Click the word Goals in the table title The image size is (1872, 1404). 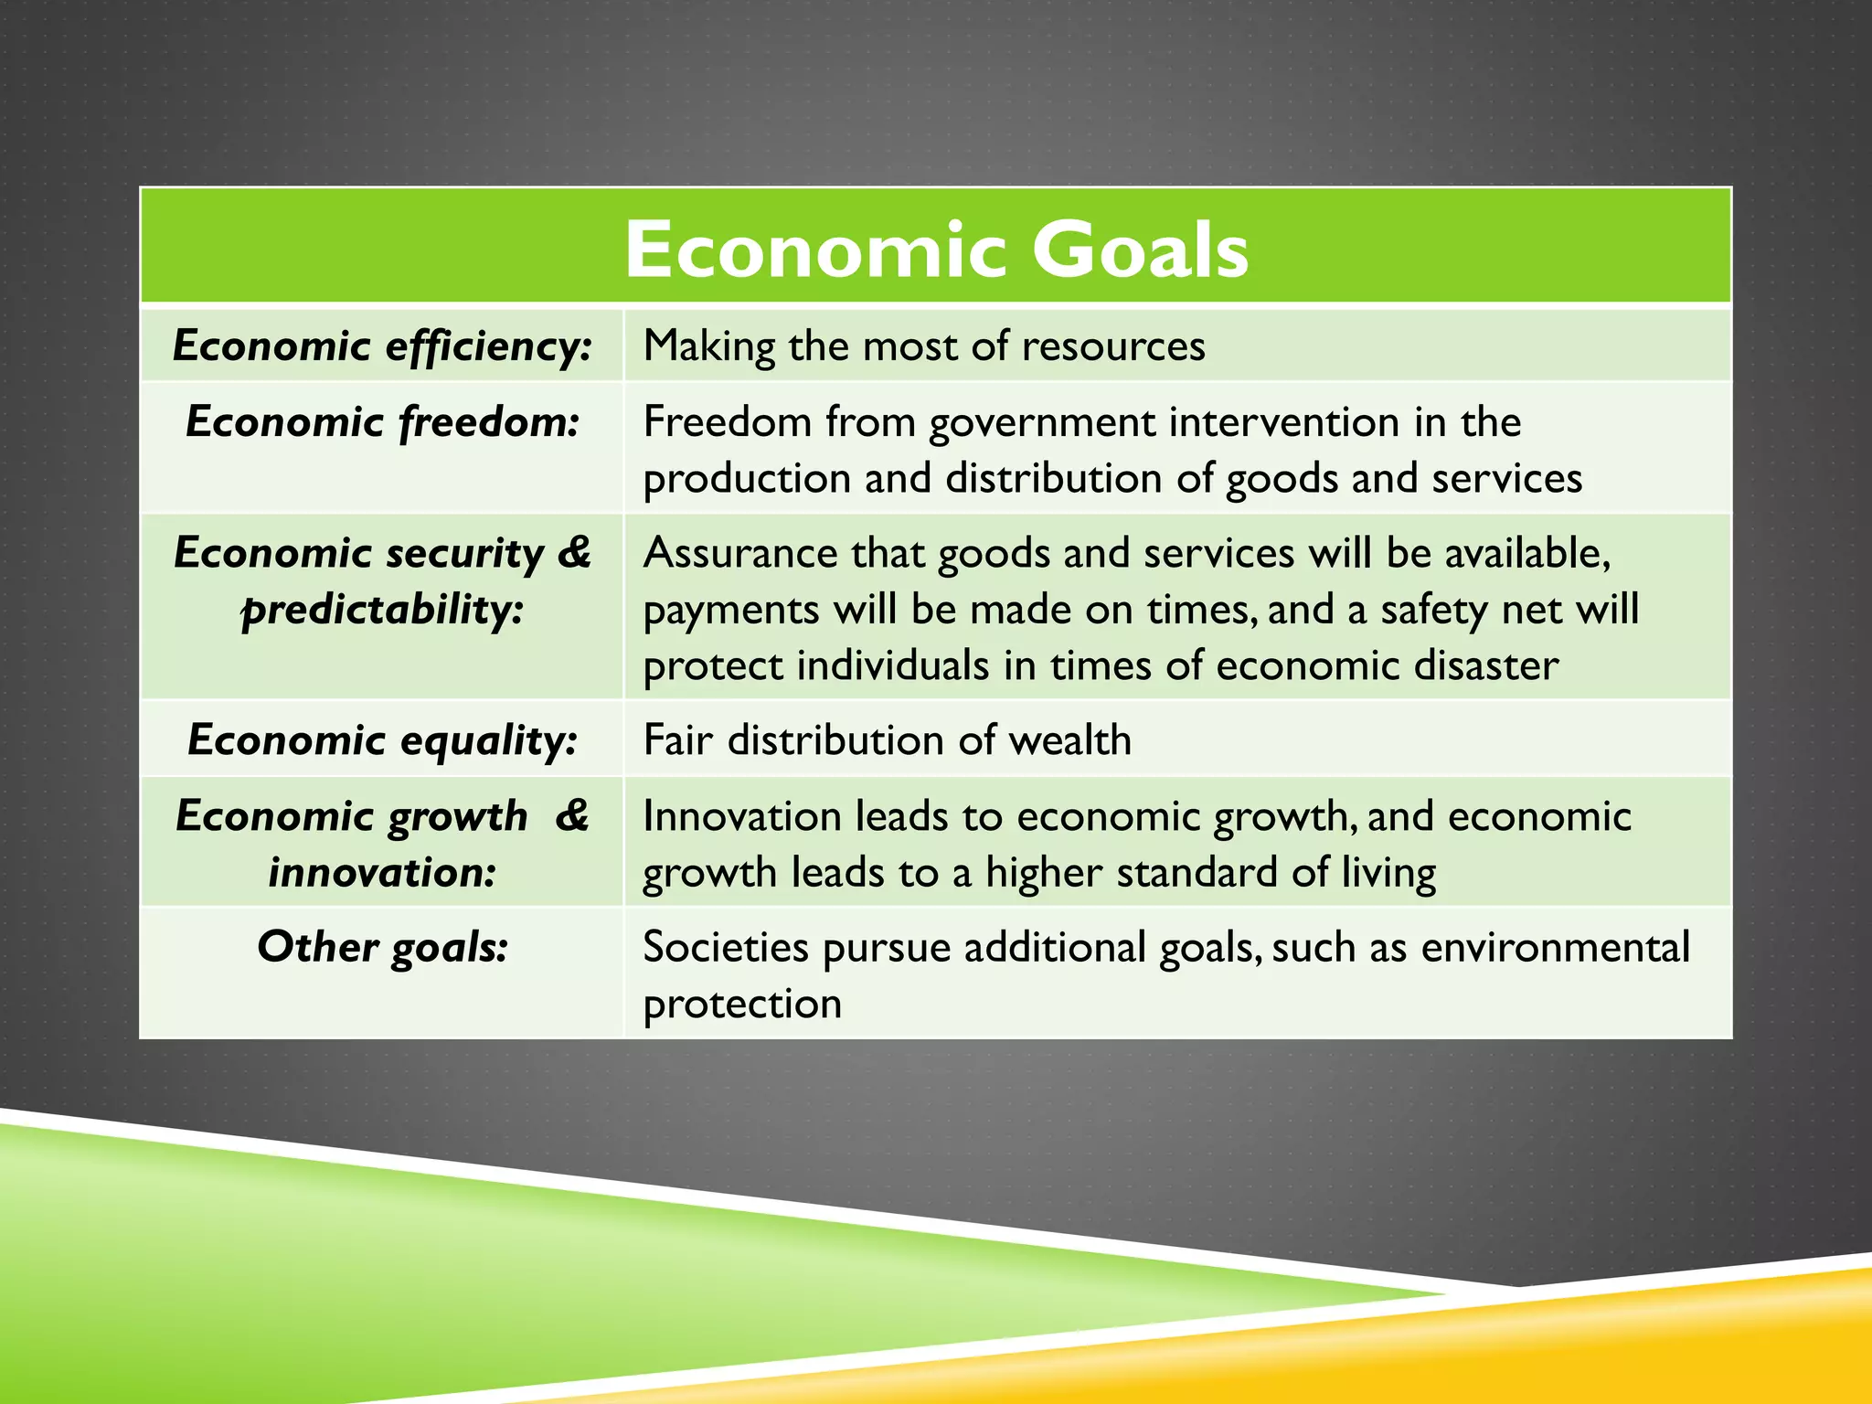click(x=1140, y=250)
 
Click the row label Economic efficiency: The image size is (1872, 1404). click(x=382, y=346)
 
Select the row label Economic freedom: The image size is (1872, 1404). click(x=382, y=422)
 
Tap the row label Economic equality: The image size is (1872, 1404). click(x=382, y=740)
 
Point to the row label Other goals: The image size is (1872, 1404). click(x=382, y=947)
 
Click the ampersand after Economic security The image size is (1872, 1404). click(x=574, y=552)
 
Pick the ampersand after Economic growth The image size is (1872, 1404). click(x=572, y=815)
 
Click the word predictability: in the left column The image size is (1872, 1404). click(x=382, y=610)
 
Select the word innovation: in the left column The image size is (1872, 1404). click(x=382, y=872)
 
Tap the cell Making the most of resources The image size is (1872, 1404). click(x=923, y=346)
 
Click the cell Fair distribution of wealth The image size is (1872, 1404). click(x=887, y=740)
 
